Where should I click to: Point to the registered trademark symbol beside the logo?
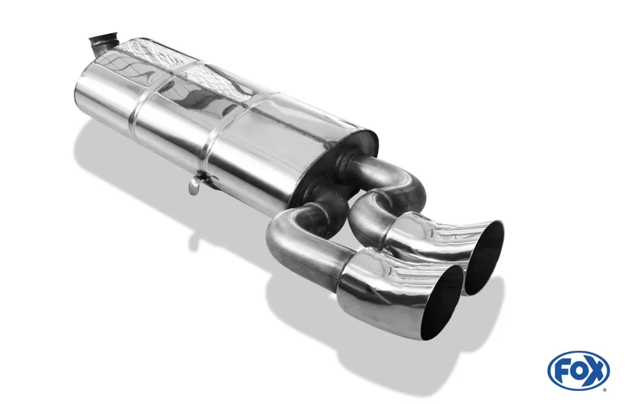[604, 390]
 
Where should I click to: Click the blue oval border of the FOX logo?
[578, 354]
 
